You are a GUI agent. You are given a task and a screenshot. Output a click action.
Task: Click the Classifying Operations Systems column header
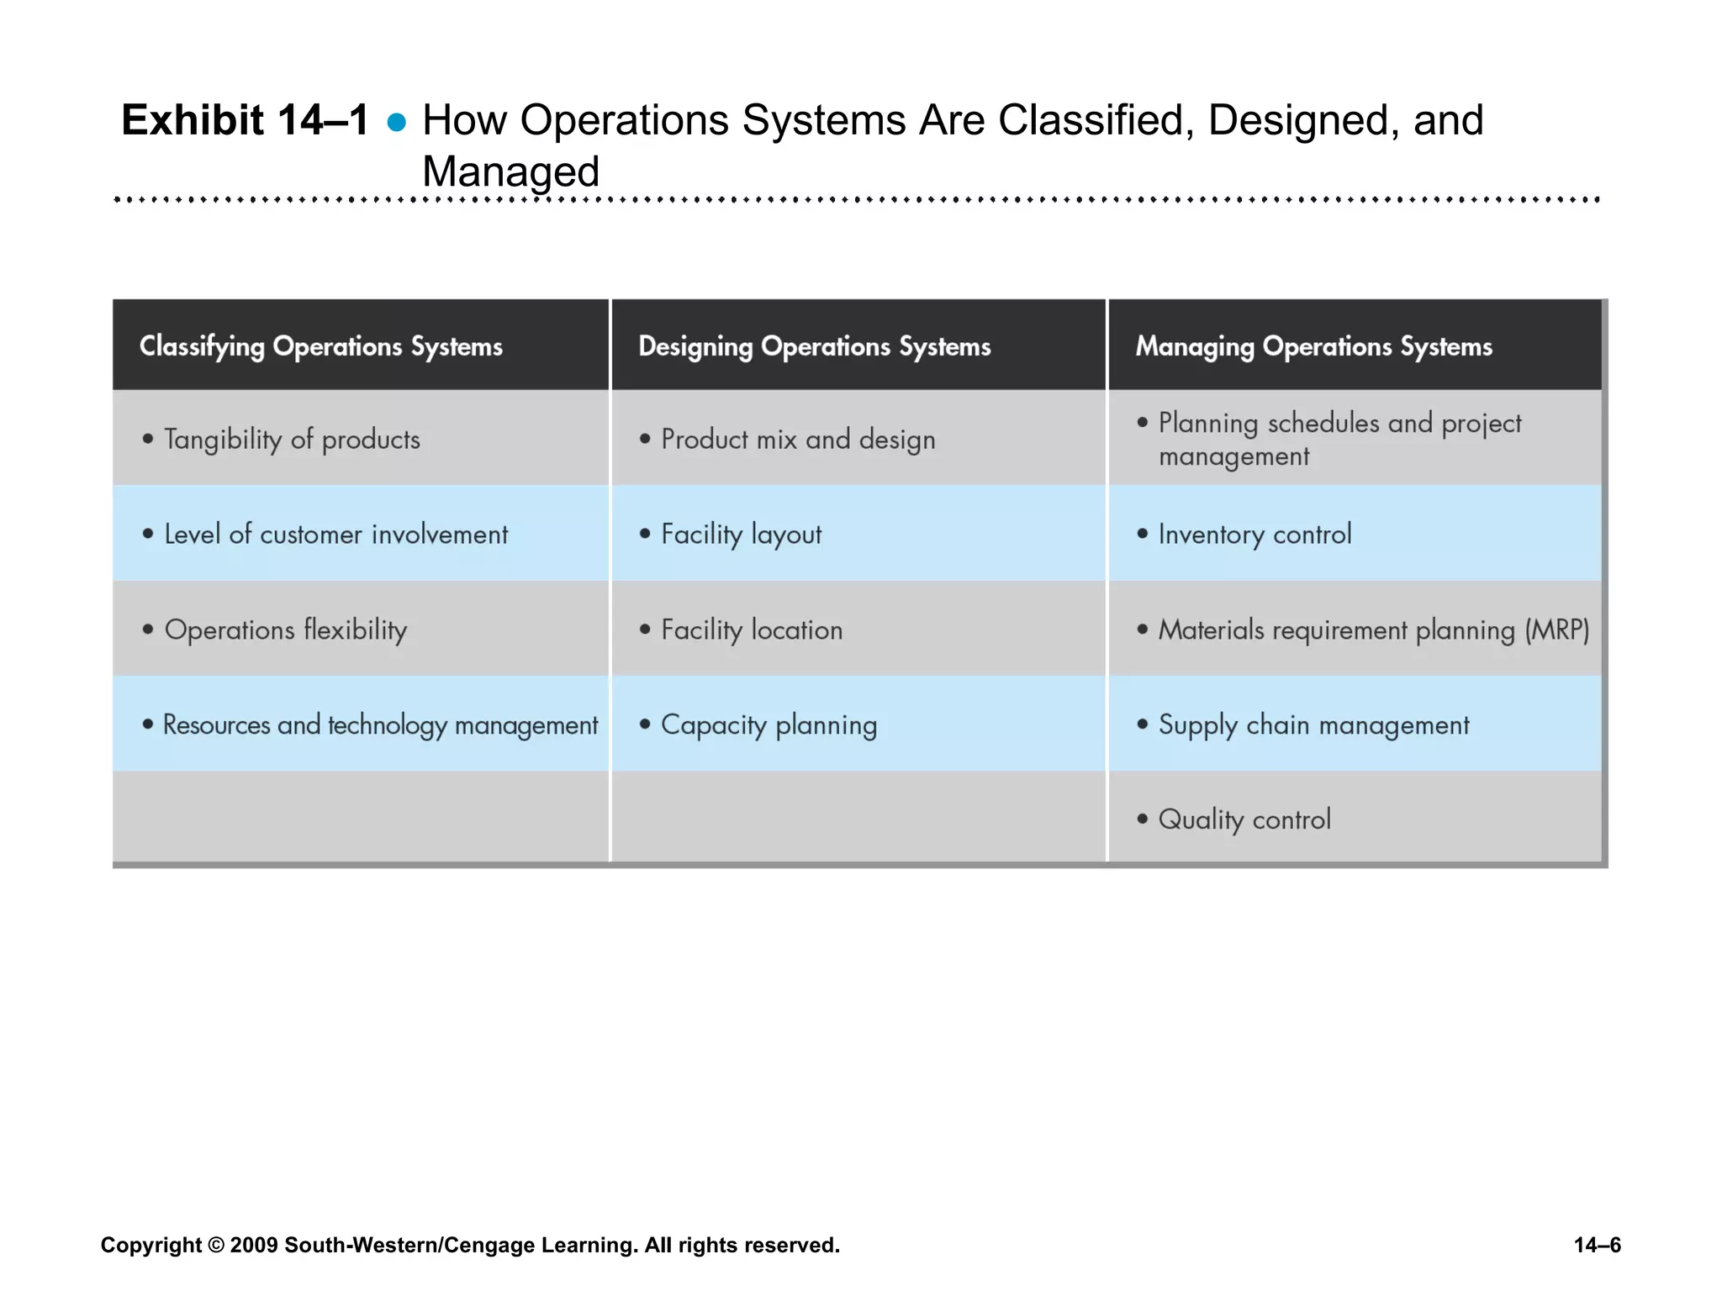coord(320,346)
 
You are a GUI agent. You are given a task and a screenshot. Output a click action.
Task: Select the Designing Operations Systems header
coord(814,346)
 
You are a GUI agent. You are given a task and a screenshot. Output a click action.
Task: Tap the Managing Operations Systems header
coord(1313,346)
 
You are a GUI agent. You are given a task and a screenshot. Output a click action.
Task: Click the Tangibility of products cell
coord(292,440)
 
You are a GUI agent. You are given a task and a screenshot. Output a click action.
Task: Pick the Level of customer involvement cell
coord(335,535)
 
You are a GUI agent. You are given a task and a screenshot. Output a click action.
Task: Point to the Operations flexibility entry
coord(286,630)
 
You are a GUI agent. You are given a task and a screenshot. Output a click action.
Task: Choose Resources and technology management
coord(380,725)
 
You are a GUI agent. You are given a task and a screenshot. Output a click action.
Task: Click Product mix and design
coord(798,440)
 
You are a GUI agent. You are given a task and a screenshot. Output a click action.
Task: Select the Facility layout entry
coord(741,535)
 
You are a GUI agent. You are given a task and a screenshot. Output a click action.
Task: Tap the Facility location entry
coord(752,630)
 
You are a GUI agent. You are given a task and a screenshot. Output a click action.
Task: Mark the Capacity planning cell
coord(769,725)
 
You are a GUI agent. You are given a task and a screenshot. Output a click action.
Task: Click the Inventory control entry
coord(1255,535)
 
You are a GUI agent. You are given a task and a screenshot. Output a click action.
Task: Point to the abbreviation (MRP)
coord(1557,630)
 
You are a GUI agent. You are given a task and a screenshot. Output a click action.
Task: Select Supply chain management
coord(1313,725)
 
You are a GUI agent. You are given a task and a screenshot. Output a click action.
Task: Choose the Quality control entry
coord(1244,819)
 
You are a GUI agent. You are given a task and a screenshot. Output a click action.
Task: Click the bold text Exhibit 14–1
coord(245,120)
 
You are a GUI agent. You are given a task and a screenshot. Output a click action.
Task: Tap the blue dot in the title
coord(397,124)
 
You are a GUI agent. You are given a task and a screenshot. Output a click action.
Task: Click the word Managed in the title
coord(510,171)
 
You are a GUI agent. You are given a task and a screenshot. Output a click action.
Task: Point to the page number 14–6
coord(1597,1245)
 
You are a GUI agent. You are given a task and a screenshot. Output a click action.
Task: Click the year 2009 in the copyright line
coord(253,1245)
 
